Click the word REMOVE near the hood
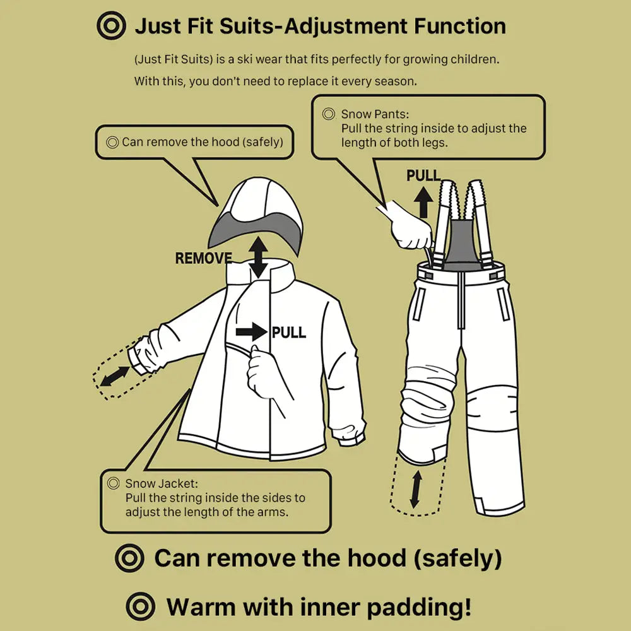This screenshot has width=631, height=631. click(x=203, y=258)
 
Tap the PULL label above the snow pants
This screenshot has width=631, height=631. click(x=423, y=175)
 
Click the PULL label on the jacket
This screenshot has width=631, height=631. click(x=289, y=333)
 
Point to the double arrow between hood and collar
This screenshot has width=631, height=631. click(x=257, y=257)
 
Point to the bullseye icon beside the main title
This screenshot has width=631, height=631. click(x=111, y=27)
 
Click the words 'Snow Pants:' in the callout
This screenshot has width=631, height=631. click(x=375, y=114)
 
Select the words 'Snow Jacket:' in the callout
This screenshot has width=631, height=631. click(x=162, y=484)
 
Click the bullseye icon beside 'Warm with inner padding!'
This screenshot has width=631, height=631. click(x=140, y=607)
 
